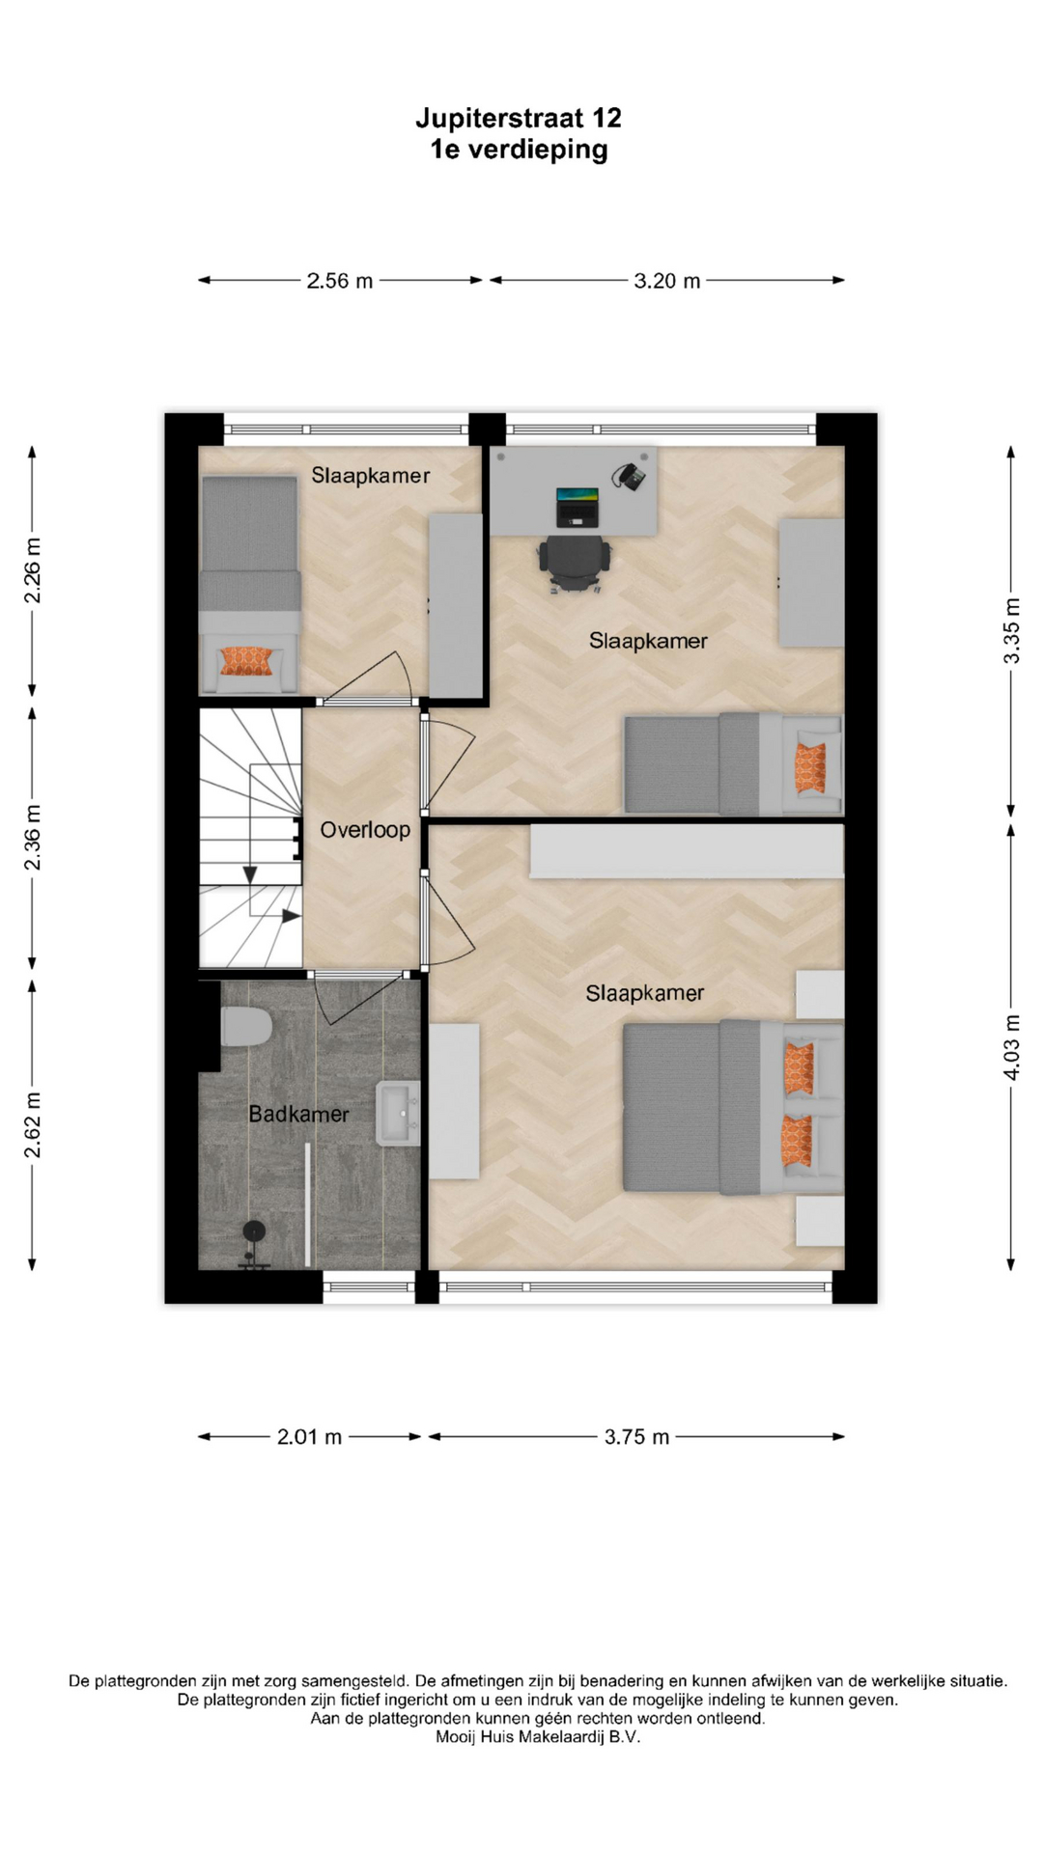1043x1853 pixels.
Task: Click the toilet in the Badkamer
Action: click(246, 1027)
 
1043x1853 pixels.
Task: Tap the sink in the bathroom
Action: click(399, 1113)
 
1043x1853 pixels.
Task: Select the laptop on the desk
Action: click(577, 507)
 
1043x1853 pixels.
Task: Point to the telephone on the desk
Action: click(629, 476)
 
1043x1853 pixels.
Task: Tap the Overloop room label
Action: click(365, 830)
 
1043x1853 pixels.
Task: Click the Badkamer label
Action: click(298, 1114)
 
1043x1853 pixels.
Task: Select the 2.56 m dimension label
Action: click(340, 281)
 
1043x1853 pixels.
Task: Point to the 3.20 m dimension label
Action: click(667, 281)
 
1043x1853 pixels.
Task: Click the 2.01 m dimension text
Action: click(310, 1437)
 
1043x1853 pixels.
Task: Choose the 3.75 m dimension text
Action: click(637, 1437)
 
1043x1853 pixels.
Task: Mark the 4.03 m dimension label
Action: click(1011, 1047)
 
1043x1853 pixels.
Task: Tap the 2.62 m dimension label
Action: click(33, 1125)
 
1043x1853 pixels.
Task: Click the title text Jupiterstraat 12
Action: click(519, 118)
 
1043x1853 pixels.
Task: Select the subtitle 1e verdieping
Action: click(519, 150)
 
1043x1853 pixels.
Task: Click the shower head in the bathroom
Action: click(254, 1231)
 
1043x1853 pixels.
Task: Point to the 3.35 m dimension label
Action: click(1011, 631)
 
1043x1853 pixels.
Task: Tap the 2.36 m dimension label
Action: click(33, 837)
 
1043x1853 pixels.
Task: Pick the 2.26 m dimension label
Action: click(33, 570)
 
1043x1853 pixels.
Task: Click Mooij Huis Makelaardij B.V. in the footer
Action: click(538, 1737)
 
